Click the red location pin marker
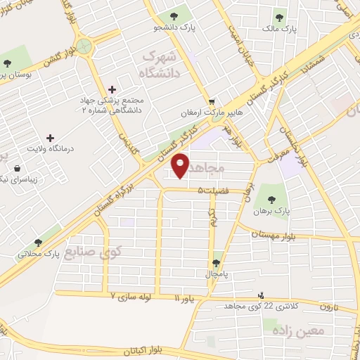tap(181, 166)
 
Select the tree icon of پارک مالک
tap(281, 16)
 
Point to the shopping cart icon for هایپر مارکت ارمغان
tap(212, 102)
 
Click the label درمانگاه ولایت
tap(50, 148)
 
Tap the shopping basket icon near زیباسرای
tap(17, 168)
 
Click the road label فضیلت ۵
tap(211, 190)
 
